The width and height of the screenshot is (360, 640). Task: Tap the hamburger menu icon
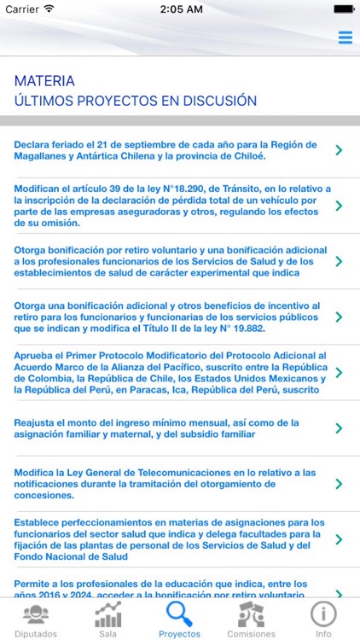pyautogui.click(x=345, y=38)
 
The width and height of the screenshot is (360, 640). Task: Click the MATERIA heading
pyautogui.click(x=44, y=81)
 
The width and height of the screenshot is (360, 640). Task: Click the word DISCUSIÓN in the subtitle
pyautogui.click(x=218, y=101)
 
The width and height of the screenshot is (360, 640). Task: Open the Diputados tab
pyautogui.click(x=36, y=620)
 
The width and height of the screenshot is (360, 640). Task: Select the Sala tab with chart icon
pyautogui.click(x=107, y=620)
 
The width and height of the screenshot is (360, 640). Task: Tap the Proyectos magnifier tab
pyautogui.click(x=179, y=620)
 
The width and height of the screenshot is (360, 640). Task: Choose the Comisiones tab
pyautogui.click(x=251, y=620)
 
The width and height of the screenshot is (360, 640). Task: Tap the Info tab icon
pyautogui.click(x=323, y=620)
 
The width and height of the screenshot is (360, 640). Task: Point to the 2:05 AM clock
pyautogui.click(x=180, y=9)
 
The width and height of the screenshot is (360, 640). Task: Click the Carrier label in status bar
pyautogui.click(x=22, y=9)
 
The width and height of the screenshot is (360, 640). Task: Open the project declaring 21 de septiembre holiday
pyautogui.click(x=166, y=150)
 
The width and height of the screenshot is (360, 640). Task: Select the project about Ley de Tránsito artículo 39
pyautogui.click(x=166, y=206)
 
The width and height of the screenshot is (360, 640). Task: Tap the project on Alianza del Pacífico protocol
pyautogui.click(x=166, y=372)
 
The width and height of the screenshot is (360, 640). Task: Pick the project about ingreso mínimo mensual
pyautogui.click(x=166, y=428)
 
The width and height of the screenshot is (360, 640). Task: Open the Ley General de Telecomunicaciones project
pyautogui.click(x=166, y=484)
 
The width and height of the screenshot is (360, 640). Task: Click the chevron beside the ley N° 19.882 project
pyautogui.click(x=339, y=317)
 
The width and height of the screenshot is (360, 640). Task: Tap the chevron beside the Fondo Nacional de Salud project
pyautogui.click(x=339, y=539)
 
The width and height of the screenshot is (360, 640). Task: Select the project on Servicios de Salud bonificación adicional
pyautogui.click(x=166, y=261)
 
